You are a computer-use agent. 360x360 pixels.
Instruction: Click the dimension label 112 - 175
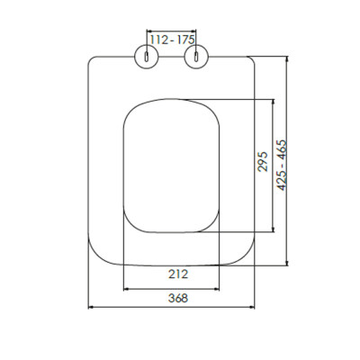click(x=172, y=40)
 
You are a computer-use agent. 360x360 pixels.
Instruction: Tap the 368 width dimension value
click(x=178, y=298)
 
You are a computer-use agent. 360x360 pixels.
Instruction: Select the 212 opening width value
click(x=178, y=274)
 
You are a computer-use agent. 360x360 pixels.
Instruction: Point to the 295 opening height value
click(x=263, y=161)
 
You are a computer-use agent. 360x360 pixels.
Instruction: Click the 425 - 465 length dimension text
click(x=282, y=165)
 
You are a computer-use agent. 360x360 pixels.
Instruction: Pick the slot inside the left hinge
click(x=147, y=57)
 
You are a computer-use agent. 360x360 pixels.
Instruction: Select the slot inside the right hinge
click(x=196, y=57)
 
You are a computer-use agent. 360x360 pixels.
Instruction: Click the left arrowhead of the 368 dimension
click(x=90, y=307)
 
